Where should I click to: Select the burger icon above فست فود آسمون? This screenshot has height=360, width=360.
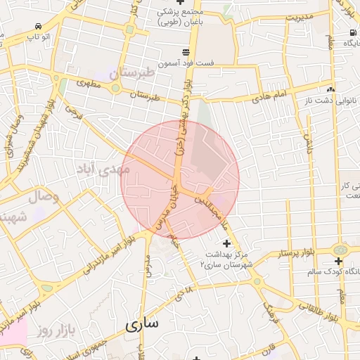point(186,52)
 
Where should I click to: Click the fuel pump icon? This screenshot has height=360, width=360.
point(351,33)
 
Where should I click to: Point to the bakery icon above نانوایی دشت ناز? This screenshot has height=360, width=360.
point(330,89)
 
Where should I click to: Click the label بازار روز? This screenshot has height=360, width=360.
point(56,329)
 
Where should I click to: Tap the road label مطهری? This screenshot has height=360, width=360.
point(89,84)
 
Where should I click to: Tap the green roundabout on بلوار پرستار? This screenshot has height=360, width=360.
point(340,250)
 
